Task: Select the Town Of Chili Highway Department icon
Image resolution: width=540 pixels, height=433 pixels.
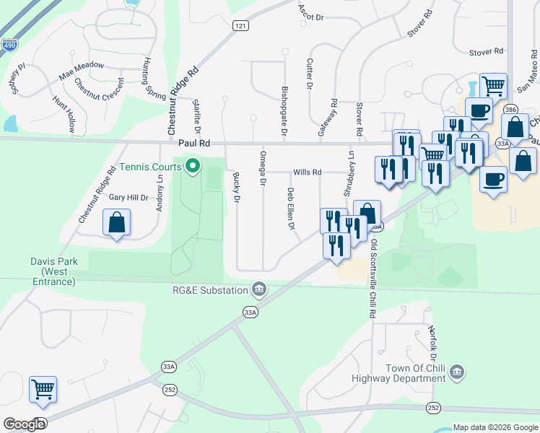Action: click(x=456, y=373)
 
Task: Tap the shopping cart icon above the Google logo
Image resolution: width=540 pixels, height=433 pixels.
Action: click(x=43, y=390)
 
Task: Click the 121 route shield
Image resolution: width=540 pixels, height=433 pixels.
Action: click(x=241, y=25)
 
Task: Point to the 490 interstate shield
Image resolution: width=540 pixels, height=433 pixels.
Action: click(x=9, y=45)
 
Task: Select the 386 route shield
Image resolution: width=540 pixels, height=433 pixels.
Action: click(x=511, y=109)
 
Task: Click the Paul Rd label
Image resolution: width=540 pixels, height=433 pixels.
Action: click(x=194, y=144)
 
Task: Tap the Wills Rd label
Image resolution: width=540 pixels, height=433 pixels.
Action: click(x=307, y=172)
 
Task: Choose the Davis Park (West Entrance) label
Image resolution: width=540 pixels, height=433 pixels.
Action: click(x=58, y=271)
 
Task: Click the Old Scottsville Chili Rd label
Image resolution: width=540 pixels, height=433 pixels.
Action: click(x=374, y=271)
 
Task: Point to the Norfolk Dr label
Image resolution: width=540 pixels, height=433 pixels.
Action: click(x=432, y=343)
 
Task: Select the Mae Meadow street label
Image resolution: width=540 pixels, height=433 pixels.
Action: click(x=82, y=70)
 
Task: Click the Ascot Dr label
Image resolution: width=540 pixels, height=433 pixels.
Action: click(x=310, y=11)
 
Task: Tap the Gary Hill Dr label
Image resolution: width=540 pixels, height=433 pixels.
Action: click(x=128, y=197)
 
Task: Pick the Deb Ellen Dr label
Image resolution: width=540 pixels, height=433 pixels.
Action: click(x=291, y=209)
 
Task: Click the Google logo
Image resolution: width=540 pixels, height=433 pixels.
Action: click(x=25, y=424)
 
